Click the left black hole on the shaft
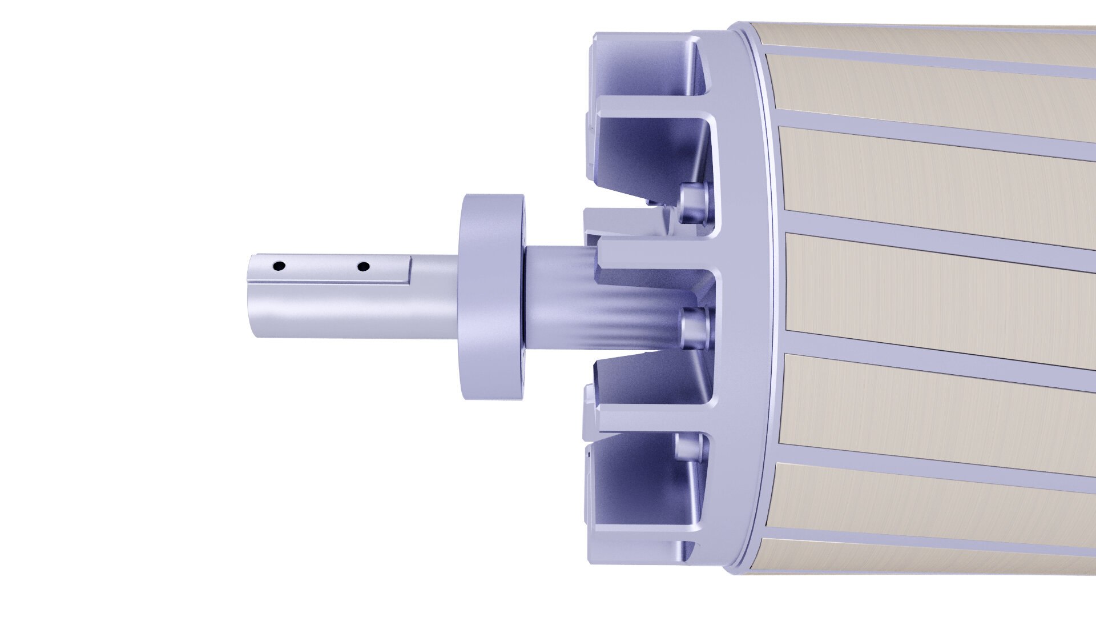click(279, 266)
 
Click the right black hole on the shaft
click(363, 266)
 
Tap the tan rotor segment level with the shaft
click(936, 291)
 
